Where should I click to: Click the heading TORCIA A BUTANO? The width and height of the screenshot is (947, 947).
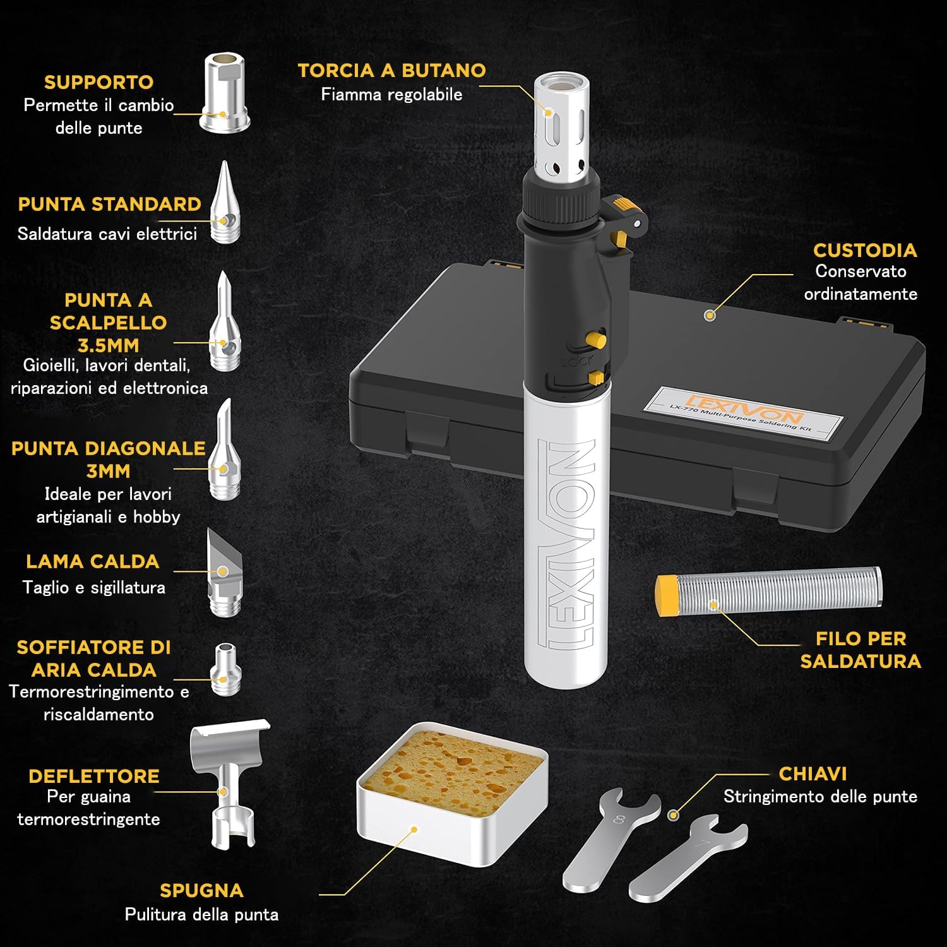click(391, 71)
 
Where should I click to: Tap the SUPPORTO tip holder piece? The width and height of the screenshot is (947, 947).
click(224, 93)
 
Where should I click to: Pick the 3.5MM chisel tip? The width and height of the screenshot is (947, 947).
click(224, 325)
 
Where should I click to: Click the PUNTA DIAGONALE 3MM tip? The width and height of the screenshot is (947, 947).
click(224, 455)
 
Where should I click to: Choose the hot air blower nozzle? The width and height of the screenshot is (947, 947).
click(225, 669)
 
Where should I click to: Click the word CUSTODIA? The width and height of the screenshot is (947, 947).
click(864, 250)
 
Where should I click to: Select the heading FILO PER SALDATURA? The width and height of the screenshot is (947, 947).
click(861, 650)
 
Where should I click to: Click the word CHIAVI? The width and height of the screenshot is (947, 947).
click(813, 773)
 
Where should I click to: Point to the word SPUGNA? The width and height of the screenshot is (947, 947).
click(201, 890)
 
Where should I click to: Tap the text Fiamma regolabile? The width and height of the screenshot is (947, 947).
click(391, 95)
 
